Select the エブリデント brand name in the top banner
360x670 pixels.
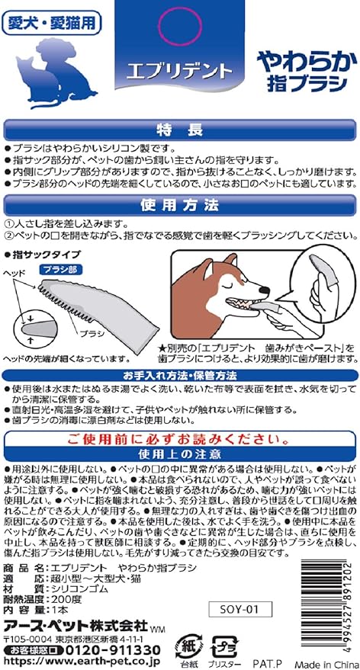click(179, 69)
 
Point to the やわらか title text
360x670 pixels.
click(307, 63)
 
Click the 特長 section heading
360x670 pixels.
click(179, 130)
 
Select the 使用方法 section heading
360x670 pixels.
click(179, 206)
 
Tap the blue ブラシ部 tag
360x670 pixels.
click(60, 269)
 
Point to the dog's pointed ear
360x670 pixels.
click(230, 261)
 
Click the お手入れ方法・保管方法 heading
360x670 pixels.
click(179, 376)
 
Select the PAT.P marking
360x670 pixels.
click(265, 664)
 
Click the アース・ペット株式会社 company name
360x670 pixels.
click(76, 626)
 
